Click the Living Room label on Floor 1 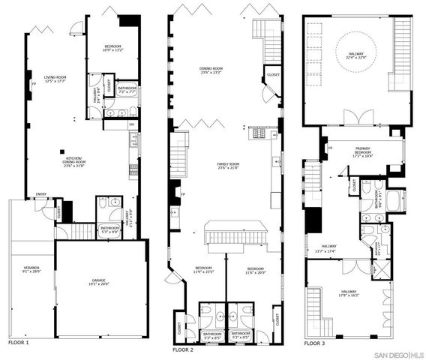[x=54, y=79]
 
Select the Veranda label [x=31, y=269]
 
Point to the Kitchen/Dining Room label [x=74, y=160]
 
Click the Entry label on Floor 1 [x=40, y=196]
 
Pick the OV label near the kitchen [x=132, y=124]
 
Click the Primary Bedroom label [x=363, y=151]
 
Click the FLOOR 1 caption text [x=19, y=343]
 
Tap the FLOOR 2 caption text [x=183, y=349]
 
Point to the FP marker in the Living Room [x=33, y=84]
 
